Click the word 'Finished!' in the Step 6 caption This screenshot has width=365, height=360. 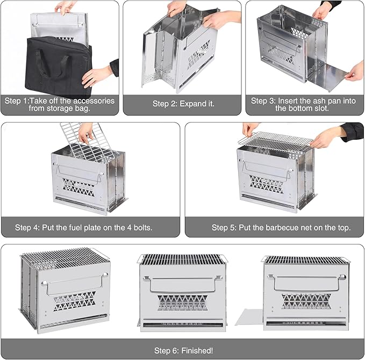click(197, 350)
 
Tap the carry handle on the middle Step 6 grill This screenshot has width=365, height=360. click(183, 284)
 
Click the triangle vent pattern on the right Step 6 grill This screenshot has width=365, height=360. click(306, 301)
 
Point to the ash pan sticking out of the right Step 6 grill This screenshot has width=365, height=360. click(249, 317)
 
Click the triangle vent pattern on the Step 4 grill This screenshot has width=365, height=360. click(79, 188)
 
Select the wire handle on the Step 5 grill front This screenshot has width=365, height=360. click(267, 169)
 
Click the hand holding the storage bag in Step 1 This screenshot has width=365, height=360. click(98, 75)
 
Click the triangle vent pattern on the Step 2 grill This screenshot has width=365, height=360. click(199, 55)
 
